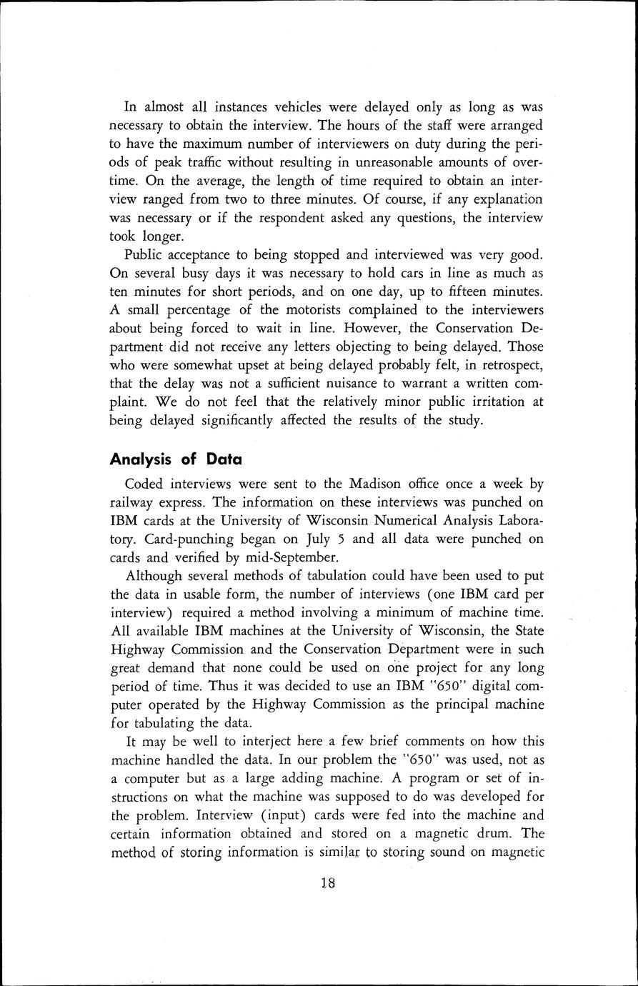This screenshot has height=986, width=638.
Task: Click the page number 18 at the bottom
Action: (x=328, y=882)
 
